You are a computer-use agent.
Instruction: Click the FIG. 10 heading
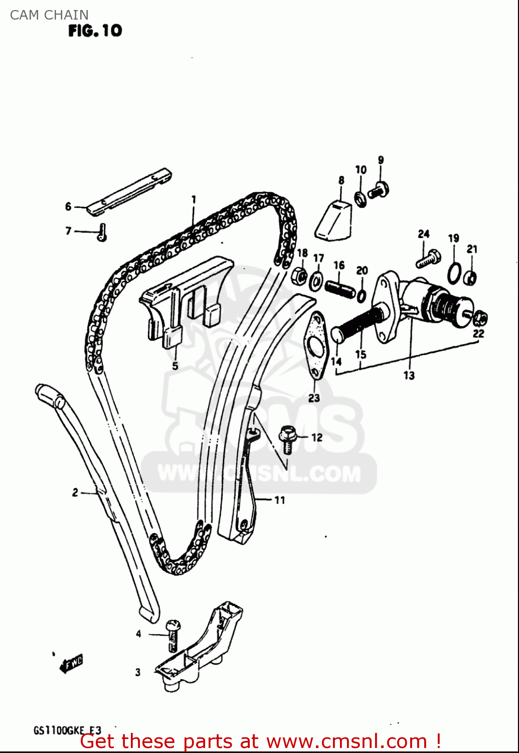tap(95, 31)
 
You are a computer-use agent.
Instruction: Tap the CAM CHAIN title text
tap(49, 15)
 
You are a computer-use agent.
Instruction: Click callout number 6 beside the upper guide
tap(68, 206)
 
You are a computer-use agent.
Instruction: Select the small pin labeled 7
tap(103, 232)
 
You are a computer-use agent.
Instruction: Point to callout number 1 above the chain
tap(194, 200)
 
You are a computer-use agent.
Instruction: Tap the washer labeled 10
tap(360, 199)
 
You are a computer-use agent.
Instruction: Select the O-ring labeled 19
tap(454, 272)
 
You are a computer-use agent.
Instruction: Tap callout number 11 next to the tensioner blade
tap(279, 500)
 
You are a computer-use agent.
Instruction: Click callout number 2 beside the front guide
tap(75, 492)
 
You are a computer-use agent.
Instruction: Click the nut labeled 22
tap(480, 317)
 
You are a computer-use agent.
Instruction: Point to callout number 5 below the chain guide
tap(175, 366)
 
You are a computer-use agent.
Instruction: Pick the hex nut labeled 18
tap(299, 275)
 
